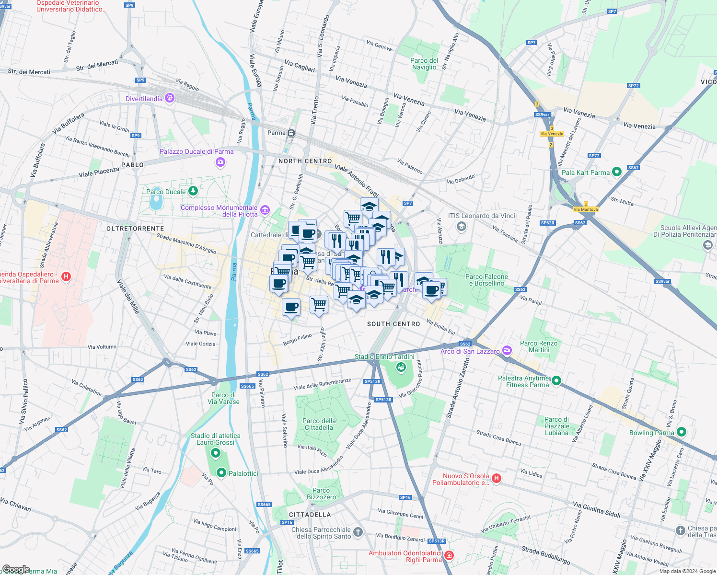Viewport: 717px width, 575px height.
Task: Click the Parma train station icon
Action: [291, 133]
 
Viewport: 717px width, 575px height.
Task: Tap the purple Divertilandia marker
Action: [169, 98]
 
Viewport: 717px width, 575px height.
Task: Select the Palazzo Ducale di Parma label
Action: [197, 151]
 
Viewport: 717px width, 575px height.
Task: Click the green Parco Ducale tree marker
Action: [193, 191]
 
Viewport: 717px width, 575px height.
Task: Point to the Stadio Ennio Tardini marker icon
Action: [401, 367]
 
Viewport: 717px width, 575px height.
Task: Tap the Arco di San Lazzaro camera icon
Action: [507, 351]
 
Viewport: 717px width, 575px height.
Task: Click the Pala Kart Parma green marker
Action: [617, 172]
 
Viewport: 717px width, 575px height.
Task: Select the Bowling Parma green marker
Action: [682, 432]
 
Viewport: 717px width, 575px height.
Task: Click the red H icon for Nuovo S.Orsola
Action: [497, 478]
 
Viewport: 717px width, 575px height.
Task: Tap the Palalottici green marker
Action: [221, 473]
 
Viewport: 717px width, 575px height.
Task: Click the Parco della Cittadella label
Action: [319, 424]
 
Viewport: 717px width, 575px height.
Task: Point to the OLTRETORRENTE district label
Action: [135, 229]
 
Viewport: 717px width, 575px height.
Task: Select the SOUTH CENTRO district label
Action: [393, 324]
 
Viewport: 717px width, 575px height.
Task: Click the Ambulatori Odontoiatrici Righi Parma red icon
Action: [449, 555]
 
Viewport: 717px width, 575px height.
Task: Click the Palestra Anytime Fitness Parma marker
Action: [556, 381]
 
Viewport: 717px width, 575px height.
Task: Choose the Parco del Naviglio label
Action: [424, 64]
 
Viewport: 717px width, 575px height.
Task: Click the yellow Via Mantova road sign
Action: [586, 209]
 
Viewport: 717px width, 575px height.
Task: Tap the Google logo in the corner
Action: [16, 569]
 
